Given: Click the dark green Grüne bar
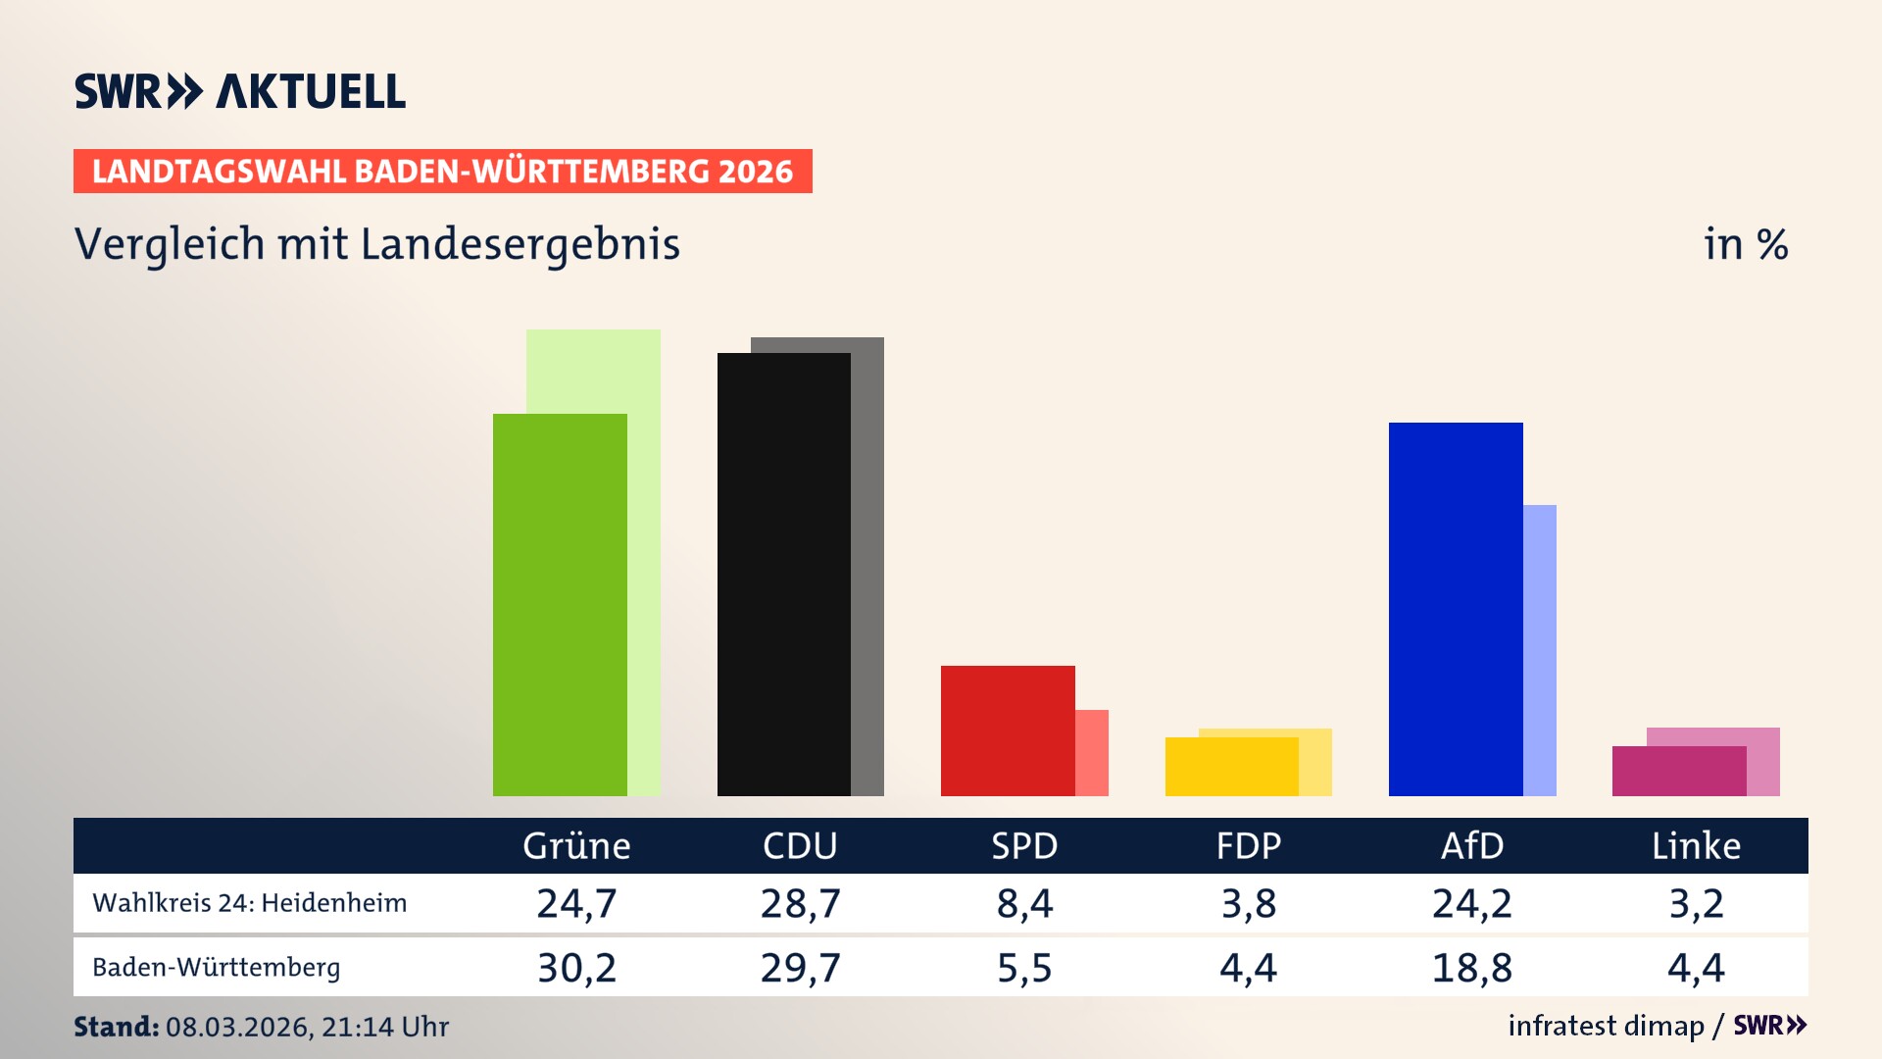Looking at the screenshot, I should click(x=559, y=605).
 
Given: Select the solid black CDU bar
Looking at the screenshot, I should click(x=783, y=575).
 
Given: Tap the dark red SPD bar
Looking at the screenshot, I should click(x=1007, y=731).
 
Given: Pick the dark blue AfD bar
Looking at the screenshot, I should click(x=1455, y=609).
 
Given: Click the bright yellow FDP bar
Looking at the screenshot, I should click(x=1230, y=767).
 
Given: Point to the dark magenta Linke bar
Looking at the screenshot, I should click(x=1678, y=772).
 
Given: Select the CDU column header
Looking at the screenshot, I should click(x=800, y=846).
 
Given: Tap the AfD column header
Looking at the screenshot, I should click(x=1471, y=846).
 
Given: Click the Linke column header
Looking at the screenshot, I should click(x=1696, y=846).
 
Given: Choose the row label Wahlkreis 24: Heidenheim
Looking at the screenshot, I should click(x=249, y=903).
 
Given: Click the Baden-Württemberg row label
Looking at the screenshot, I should click(x=216, y=968).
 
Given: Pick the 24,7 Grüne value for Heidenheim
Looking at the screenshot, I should click(x=576, y=903).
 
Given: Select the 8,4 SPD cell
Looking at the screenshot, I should click(x=1024, y=903).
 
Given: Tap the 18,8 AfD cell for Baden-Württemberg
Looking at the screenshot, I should click(x=1471, y=968).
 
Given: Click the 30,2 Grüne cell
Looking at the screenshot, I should click(x=576, y=968).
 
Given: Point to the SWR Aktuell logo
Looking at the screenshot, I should click(x=239, y=91).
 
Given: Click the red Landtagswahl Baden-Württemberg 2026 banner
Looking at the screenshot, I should click(x=442, y=172).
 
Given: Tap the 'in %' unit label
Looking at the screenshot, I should click(x=1745, y=244).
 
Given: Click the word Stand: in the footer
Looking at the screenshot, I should click(x=116, y=1027).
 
